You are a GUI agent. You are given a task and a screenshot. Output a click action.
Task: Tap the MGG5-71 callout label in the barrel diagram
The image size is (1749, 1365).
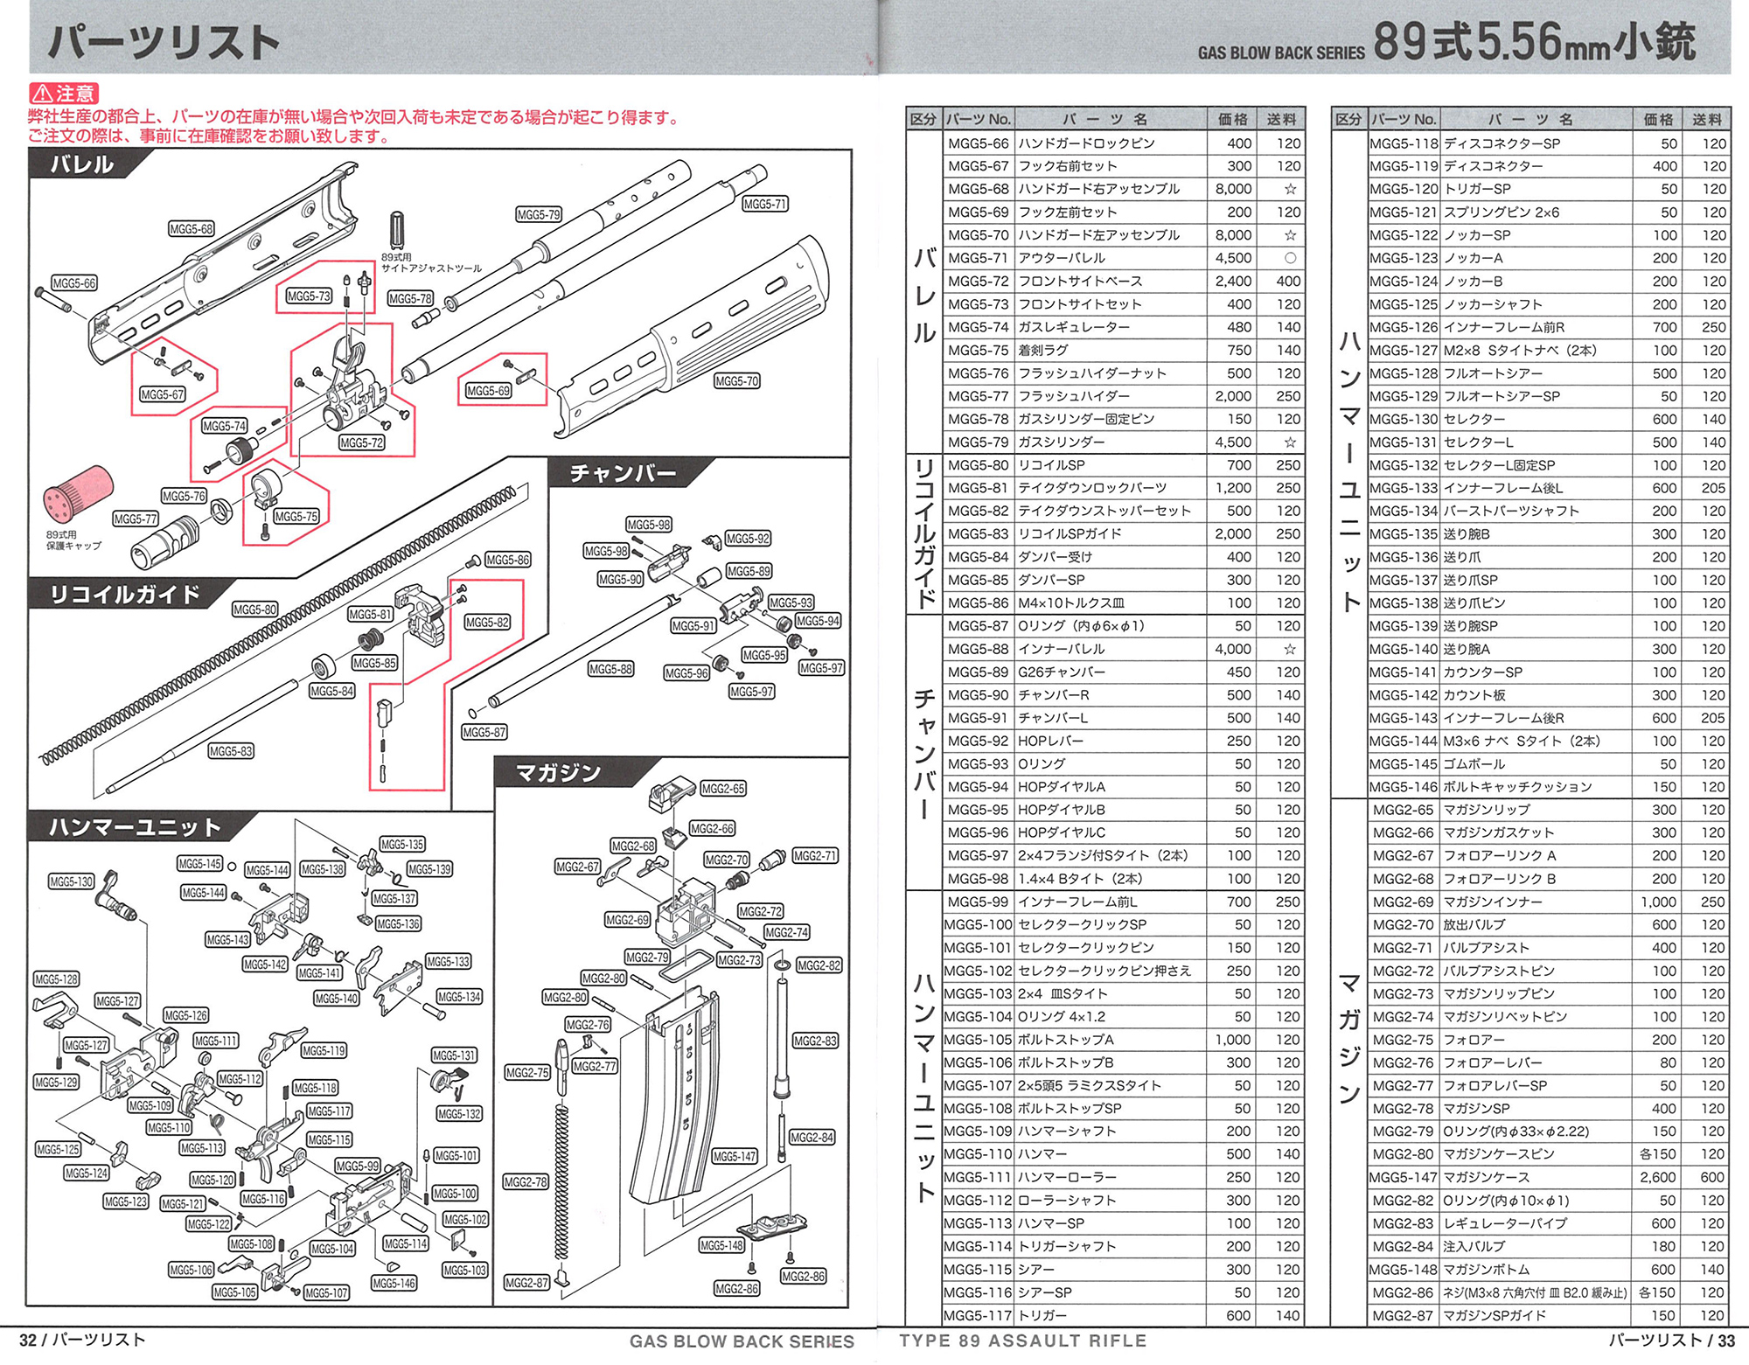[765, 204]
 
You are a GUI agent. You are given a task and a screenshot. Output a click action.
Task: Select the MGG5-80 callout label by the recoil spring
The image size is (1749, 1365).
[254, 609]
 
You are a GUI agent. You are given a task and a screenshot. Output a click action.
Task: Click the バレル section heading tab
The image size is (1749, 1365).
[81, 164]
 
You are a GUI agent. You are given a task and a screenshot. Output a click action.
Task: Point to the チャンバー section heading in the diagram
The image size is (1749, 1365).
[623, 473]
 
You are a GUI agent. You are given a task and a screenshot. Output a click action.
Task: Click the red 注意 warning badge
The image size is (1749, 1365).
[64, 94]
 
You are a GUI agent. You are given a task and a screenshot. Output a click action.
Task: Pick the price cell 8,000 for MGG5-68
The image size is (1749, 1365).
[1232, 189]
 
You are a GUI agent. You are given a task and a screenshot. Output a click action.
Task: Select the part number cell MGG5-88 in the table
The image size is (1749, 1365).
[978, 649]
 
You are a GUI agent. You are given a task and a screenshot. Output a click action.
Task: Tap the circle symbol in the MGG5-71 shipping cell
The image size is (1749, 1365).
[1289, 258]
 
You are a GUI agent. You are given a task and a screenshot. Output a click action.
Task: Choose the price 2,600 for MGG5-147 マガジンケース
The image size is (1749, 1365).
[1657, 1177]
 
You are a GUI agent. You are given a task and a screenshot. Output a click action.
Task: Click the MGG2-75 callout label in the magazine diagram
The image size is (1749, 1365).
[527, 1072]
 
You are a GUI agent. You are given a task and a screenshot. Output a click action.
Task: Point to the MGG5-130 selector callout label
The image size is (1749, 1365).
[71, 881]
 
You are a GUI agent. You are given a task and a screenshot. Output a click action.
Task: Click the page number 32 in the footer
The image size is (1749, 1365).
[28, 1340]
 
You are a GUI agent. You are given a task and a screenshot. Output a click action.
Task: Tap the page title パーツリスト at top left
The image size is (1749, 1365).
[164, 42]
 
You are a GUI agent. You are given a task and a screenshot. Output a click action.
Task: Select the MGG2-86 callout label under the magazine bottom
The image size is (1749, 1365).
[803, 1277]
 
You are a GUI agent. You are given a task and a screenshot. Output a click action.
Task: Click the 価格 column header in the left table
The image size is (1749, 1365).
[1232, 120]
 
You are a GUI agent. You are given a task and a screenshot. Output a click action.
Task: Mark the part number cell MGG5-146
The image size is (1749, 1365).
[1404, 787]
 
